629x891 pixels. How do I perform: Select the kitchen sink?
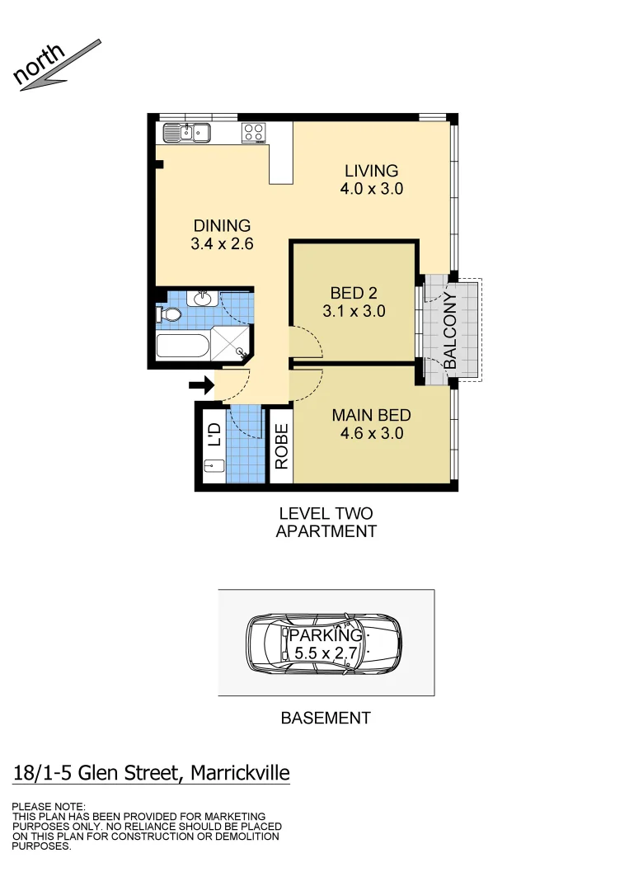[x=187, y=132]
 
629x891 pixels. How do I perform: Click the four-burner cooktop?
[x=253, y=132]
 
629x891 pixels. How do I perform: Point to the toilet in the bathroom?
[x=170, y=314]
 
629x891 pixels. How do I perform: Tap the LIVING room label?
[x=371, y=171]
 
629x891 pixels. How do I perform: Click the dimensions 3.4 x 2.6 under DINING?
[x=222, y=244]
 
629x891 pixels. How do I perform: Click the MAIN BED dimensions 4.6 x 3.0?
[x=372, y=433]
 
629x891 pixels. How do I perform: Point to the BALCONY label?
[x=451, y=330]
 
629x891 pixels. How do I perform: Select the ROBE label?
[x=282, y=446]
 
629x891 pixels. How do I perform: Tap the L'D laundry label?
[x=214, y=435]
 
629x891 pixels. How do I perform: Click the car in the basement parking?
[x=324, y=644]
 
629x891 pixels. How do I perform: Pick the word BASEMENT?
[x=326, y=718]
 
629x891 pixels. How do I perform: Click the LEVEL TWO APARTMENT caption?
[x=326, y=522]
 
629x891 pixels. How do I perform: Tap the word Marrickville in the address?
[x=240, y=773]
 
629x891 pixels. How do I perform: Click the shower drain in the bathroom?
[x=242, y=352]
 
